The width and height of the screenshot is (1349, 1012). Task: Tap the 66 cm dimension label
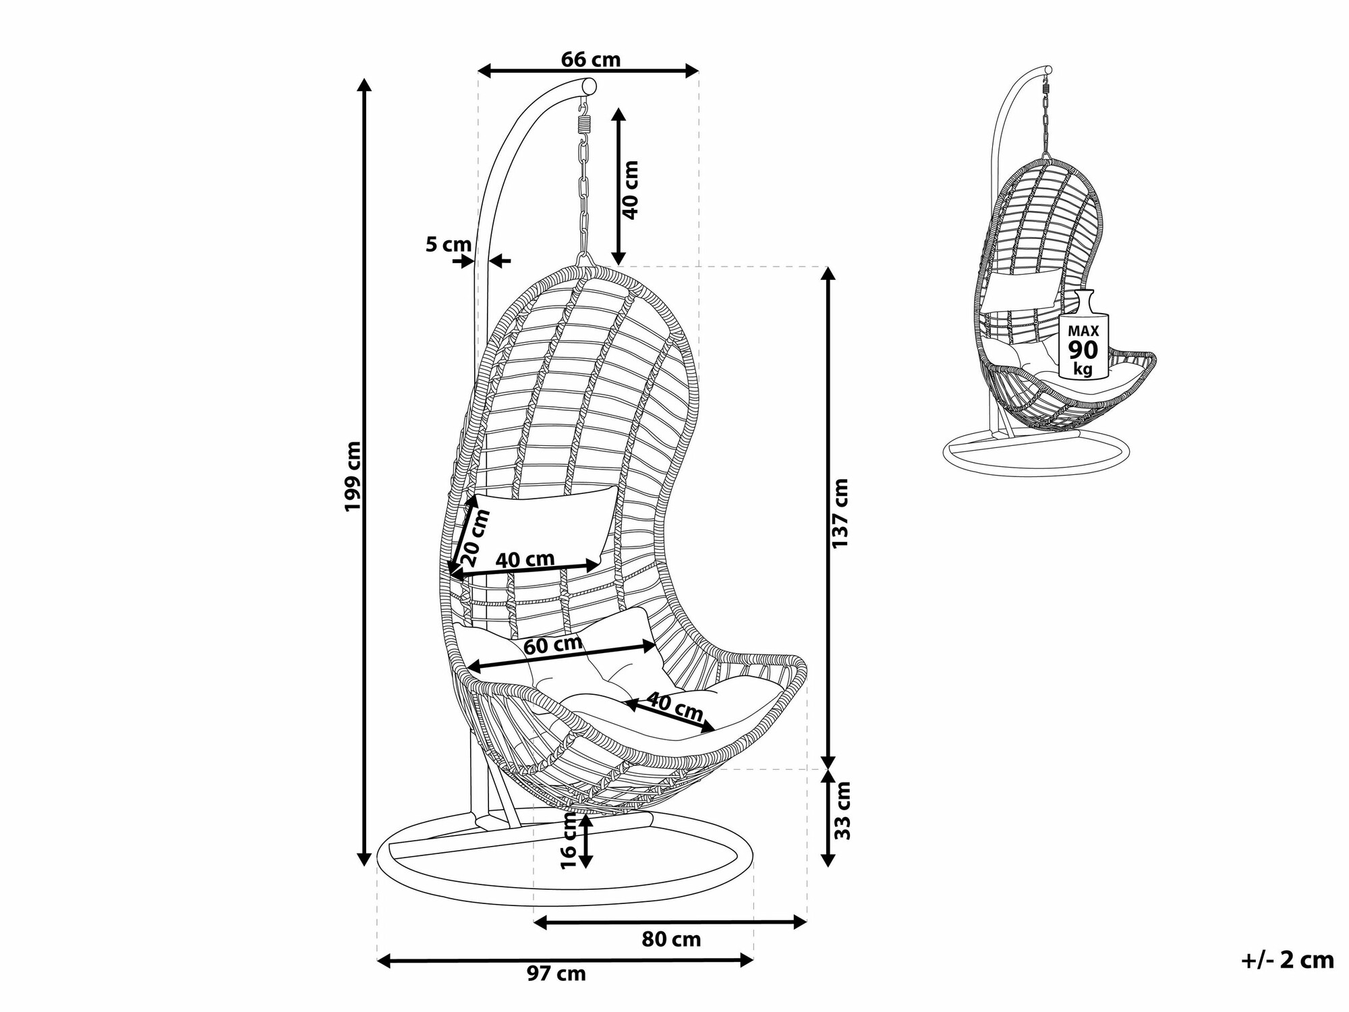click(590, 59)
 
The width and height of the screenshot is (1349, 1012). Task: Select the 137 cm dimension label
click(841, 513)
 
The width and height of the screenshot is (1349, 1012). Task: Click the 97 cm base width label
click(557, 974)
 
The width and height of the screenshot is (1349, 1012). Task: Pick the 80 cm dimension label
click(670, 938)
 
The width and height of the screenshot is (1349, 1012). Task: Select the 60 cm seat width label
click(553, 645)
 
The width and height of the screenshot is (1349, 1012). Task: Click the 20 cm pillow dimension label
click(476, 538)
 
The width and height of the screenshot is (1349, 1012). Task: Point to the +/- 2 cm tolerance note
click(1287, 960)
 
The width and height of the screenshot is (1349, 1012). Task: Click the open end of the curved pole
click(589, 86)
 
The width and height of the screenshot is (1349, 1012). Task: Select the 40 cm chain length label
click(630, 190)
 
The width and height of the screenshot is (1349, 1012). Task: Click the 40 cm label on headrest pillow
click(525, 559)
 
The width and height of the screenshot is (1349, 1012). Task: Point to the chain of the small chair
click(1046, 121)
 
